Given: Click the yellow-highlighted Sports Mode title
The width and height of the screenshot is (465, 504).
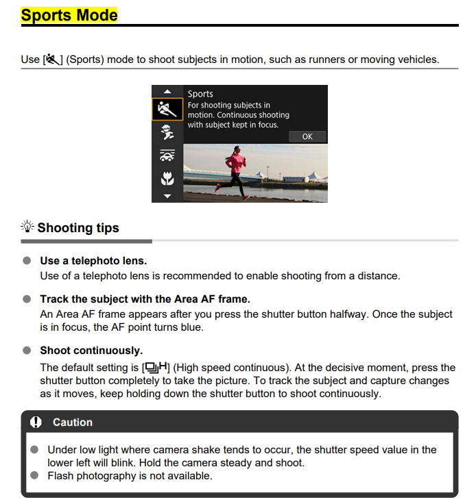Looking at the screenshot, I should click(69, 15).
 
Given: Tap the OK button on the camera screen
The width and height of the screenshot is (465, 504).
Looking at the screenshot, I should click(307, 136).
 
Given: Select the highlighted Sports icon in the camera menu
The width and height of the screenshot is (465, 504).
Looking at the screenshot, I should click(167, 108).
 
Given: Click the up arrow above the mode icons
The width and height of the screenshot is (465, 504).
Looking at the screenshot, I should click(167, 91).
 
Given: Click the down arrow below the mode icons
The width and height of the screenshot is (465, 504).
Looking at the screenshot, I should click(167, 196).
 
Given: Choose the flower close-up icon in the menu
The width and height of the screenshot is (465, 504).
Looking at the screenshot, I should click(167, 179).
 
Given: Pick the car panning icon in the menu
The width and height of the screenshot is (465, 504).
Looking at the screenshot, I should click(167, 155).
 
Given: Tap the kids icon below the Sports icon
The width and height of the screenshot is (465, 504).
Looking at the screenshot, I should click(167, 132).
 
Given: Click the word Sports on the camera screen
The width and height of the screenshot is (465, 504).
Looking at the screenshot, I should click(200, 94).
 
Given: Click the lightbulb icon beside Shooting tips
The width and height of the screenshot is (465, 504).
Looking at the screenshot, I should click(27, 227).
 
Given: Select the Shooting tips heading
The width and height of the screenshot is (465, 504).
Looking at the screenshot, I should click(78, 228).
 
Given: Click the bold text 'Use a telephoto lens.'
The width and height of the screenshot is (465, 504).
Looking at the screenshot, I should click(93, 261).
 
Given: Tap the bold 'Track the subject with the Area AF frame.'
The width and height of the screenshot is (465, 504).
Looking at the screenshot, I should click(145, 299).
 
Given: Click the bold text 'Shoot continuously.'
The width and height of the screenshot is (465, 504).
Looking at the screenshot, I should click(91, 351).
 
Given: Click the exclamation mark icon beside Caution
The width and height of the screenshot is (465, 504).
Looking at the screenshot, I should click(36, 422).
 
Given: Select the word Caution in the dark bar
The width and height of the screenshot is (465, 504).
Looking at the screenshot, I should click(73, 423).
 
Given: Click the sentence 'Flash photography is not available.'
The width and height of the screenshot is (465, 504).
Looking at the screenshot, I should click(130, 475).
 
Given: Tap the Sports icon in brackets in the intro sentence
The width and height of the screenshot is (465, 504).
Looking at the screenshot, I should click(52, 60).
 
